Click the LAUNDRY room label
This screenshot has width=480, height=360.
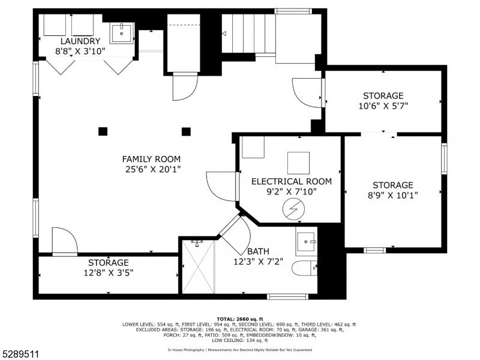click(80, 41)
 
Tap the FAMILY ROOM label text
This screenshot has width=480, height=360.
click(151, 159)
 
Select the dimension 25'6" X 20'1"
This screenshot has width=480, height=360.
click(153, 169)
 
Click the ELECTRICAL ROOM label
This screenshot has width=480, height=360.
click(292, 182)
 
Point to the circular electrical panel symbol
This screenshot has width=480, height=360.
click(293, 209)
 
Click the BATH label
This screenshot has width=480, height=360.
click(258, 251)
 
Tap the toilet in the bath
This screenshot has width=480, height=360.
click(304, 268)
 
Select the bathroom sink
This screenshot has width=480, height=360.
click(306, 242)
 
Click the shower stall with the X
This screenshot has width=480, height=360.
click(199, 266)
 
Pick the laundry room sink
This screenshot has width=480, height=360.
click(122, 33)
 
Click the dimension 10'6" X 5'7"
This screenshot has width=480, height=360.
click(383, 106)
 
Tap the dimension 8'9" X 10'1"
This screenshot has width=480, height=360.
click(393, 196)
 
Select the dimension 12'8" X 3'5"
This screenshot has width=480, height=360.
click(109, 273)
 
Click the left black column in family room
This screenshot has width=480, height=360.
click(103, 131)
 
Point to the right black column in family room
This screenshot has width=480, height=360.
click(186, 131)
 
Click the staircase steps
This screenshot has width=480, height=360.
click(248, 34)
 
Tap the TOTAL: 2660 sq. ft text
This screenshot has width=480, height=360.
click(239, 319)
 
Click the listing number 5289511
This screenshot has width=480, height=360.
click(20, 354)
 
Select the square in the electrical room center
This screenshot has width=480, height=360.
click(298, 163)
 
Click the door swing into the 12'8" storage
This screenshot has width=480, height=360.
click(65, 241)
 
